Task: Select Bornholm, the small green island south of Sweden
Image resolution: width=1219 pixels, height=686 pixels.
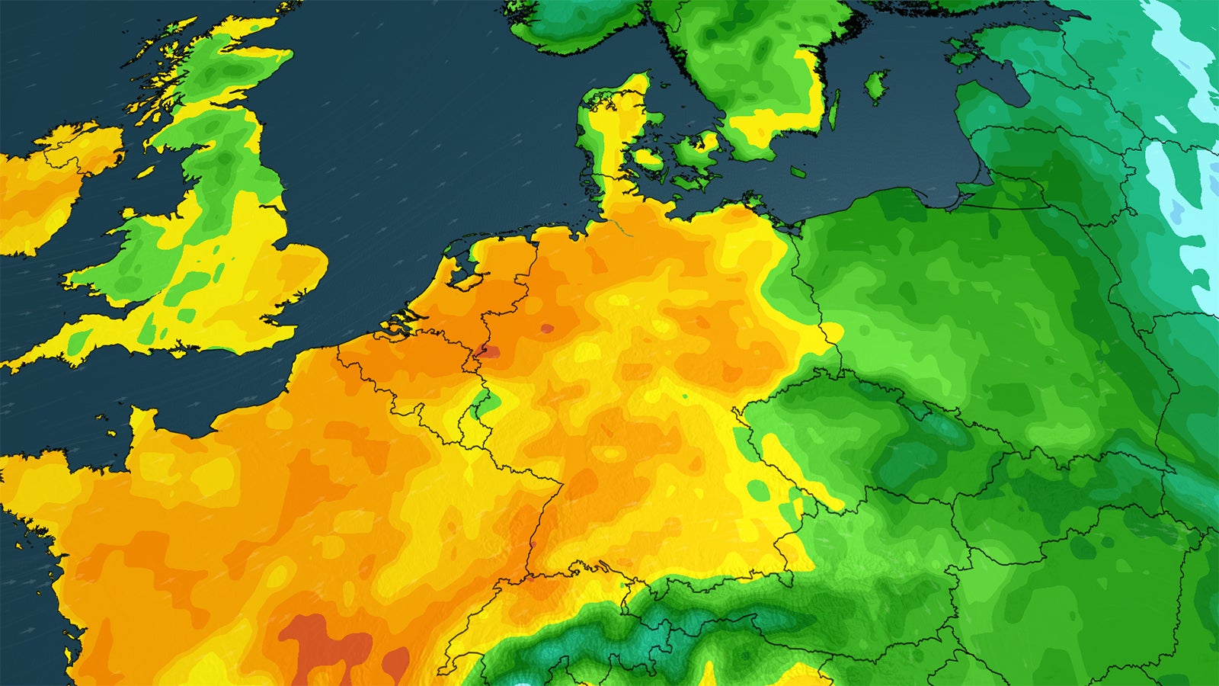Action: tap(798, 171)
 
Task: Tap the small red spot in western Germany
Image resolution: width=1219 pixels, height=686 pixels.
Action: tap(547, 329)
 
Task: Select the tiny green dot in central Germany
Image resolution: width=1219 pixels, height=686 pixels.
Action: tap(683, 396)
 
